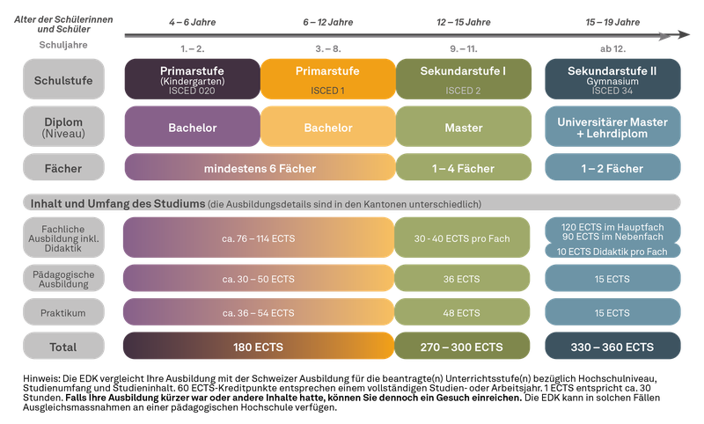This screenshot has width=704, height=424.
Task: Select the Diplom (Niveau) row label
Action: coord(63,128)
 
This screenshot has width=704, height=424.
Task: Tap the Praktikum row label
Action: coord(63,313)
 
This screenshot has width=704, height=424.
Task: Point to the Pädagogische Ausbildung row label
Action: coord(63,278)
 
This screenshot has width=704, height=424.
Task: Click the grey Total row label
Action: coord(63,347)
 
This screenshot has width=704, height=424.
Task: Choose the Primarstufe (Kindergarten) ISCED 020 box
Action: coord(191,77)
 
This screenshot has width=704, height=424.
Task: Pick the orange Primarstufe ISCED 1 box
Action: coord(328,77)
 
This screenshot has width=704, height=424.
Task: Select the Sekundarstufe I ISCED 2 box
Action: coord(465,77)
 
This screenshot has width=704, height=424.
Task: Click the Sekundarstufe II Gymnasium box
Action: coord(612,77)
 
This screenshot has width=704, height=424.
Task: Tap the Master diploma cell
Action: coord(465,128)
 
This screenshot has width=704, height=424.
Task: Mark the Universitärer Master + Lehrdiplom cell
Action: coord(612,128)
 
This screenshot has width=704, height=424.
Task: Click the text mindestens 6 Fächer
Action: coord(260,168)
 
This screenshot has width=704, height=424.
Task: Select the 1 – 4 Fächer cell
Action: coord(465,168)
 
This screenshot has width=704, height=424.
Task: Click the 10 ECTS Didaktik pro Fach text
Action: coord(612,252)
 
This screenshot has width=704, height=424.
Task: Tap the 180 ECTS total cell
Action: coord(259,347)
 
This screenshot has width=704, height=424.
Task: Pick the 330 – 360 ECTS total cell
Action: coord(612,347)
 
